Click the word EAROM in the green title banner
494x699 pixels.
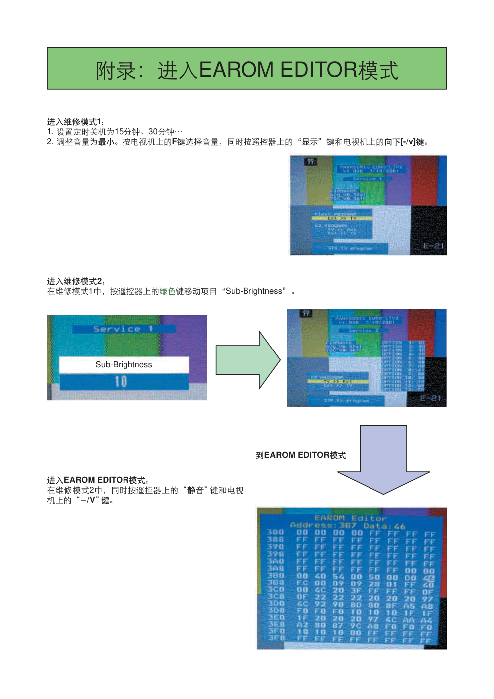point(236,70)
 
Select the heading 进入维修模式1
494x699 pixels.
point(75,122)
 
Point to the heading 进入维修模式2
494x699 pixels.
point(75,281)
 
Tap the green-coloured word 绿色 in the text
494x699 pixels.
point(167,291)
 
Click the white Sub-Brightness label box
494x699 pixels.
point(124,364)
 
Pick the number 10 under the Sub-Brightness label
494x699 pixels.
point(121,382)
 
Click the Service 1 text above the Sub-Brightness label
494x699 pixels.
point(123,329)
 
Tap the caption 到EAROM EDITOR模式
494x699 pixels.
point(301,455)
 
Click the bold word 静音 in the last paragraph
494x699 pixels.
point(195,490)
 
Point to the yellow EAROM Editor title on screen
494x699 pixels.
point(351,518)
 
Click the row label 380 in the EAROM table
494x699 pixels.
point(275,532)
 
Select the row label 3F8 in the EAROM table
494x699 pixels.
point(276,638)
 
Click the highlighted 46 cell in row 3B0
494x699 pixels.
point(428,579)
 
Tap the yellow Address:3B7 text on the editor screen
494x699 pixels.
point(323,525)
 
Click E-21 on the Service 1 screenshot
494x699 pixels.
point(433,246)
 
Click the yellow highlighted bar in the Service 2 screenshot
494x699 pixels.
point(338,382)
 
